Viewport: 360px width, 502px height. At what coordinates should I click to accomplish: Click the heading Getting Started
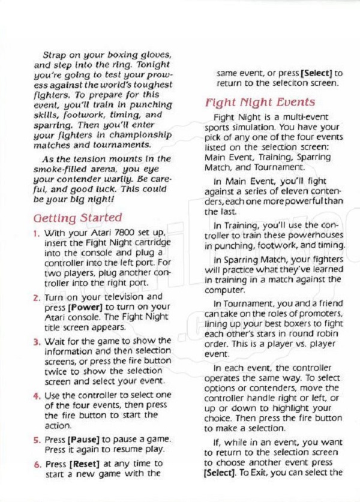(79, 218)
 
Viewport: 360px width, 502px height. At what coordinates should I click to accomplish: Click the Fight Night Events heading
(260, 103)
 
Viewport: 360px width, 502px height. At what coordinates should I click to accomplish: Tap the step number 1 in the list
(37, 232)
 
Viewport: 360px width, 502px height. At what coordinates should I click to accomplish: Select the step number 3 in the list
(37, 341)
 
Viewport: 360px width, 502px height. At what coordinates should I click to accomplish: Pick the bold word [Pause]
(89, 439)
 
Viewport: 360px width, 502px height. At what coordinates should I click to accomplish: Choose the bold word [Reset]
(89, 464)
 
